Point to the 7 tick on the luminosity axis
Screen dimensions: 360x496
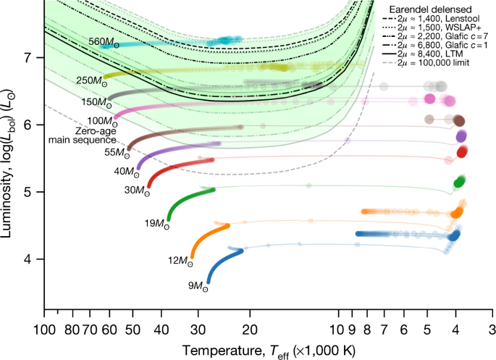click(35, 57)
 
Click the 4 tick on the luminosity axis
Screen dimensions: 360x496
click(35, 259)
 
